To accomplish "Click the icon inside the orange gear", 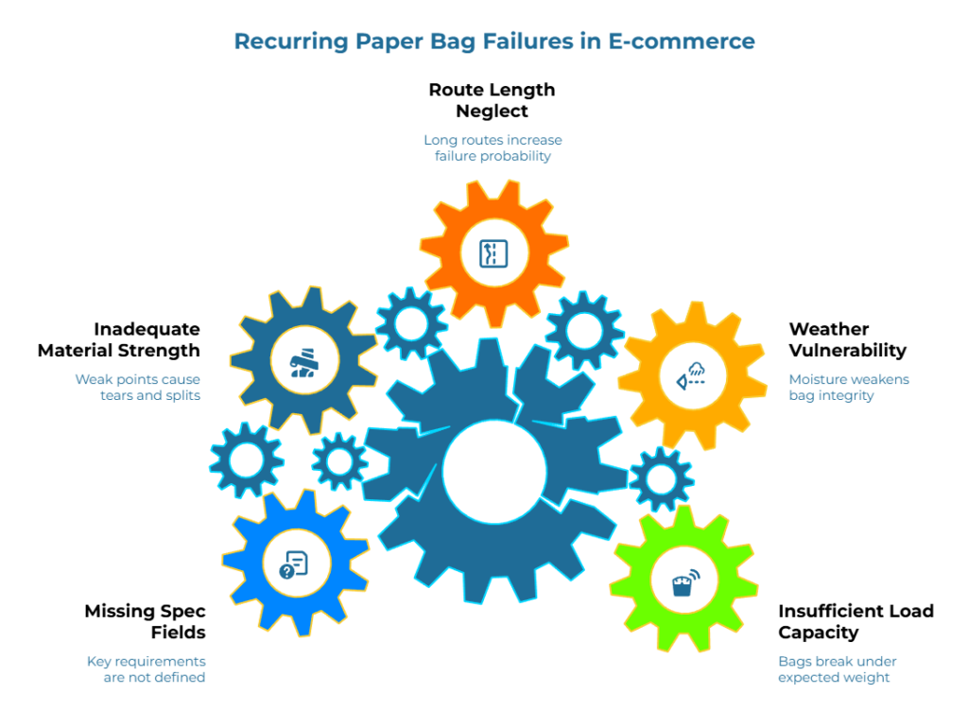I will pyautogui.click(x=493, y=253).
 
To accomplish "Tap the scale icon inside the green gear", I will pyautogui.click(x=683, y=581).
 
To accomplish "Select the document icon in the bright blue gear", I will pyautogui.click(x=294, y=565).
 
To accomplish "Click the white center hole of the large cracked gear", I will pyautogui.click(x=493, y=471).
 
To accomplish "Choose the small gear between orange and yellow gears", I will pyautogui.click(x=584, y=329).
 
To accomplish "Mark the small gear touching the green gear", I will pyautogui.click(x=661, y=479).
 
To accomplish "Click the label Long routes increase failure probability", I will pyautogui.click(x=493, y=148).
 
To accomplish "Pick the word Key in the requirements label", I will pyautogui.click(x=98, y=661).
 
